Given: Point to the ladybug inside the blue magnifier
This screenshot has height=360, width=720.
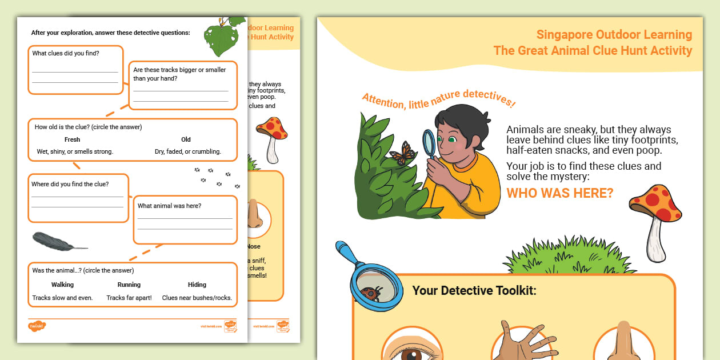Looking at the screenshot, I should click(x=368, y=293).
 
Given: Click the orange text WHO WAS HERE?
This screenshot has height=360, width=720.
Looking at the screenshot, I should click(x=559, y=193).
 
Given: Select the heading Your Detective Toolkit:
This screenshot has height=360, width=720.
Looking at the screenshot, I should click(x=474, y=290).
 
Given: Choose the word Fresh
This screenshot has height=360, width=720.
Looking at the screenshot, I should click(x=73, y=139).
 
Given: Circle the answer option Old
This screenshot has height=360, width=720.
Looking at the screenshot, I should click(x=186, y=139).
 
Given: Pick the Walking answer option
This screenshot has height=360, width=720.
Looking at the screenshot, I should click(x=62, y=285).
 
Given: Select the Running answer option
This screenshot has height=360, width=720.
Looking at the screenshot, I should click(x=129, y=285).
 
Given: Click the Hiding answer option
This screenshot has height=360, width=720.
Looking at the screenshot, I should click(x=197, y=285).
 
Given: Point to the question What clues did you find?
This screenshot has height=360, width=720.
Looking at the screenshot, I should click(x=66, y=54).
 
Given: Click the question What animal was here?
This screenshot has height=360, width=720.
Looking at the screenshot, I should click(x=169, y=206).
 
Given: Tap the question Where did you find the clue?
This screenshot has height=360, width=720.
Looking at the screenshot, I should click(x=70, y=184).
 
